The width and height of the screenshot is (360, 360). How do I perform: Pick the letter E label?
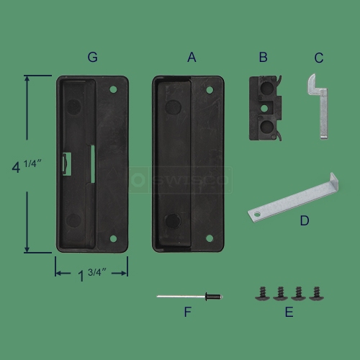tap(288, 312)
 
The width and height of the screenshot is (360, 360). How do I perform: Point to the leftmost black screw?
tap(261, 293)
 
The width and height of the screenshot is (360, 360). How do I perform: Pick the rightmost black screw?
tap(316, 293)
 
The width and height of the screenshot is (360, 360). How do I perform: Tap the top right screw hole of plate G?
tap(113, 89)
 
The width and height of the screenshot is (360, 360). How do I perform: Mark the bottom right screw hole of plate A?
tap(210, 238)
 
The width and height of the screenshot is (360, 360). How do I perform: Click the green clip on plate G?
tap(66, 163)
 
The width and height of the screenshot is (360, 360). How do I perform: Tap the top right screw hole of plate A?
tap(210, 90)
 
